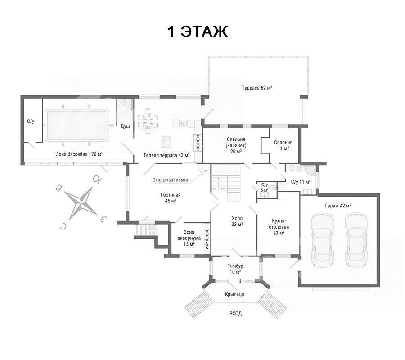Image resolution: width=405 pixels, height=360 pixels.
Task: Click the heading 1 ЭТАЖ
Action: (x=198, y=32)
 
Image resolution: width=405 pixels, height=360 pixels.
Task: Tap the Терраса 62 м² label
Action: (x=257, y=88)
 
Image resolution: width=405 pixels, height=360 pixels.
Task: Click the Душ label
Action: (x=125, y=126)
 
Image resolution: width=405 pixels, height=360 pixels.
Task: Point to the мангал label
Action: (x=198, y=143)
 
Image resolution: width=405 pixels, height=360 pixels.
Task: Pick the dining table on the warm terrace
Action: (x=148, y=121)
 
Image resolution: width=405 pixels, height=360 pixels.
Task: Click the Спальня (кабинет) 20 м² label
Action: (x=236, y=145)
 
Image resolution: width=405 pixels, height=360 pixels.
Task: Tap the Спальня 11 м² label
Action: (x=283, y=145)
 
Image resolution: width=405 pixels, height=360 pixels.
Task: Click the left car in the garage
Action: (x=322, y=240)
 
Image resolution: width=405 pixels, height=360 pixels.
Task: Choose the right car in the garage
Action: (x=357, y=240)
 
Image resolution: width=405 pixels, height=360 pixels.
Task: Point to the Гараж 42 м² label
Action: (x=338, y=206)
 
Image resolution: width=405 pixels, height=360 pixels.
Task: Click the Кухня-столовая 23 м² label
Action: (x=279, y=227)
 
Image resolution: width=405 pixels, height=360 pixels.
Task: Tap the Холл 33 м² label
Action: (x=237, y=221)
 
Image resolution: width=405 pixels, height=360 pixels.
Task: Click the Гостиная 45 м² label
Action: (x=171, y=198)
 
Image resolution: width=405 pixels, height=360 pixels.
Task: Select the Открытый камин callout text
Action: (x=171, y=180)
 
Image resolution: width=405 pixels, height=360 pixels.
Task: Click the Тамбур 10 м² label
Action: (x=235, y=269)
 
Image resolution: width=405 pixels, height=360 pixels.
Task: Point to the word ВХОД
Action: (x=235, y=314)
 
